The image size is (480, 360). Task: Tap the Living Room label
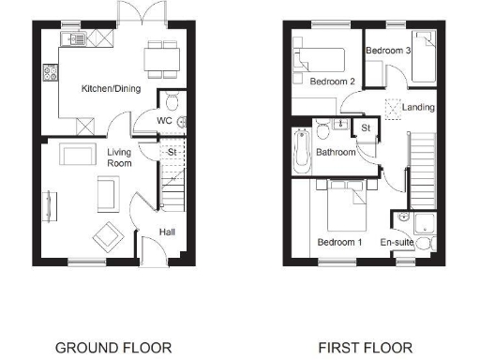[119, 157]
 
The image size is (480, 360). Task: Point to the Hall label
[165, 231]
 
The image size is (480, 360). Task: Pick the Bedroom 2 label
[332, 82]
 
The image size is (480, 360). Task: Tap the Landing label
[418, 108]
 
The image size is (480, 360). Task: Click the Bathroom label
[335, 152]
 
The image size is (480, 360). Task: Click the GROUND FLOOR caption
[113, 348]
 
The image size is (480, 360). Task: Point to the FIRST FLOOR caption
[365, 348]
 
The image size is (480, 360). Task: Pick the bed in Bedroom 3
[427, 56]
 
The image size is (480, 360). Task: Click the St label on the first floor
[366, 127]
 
